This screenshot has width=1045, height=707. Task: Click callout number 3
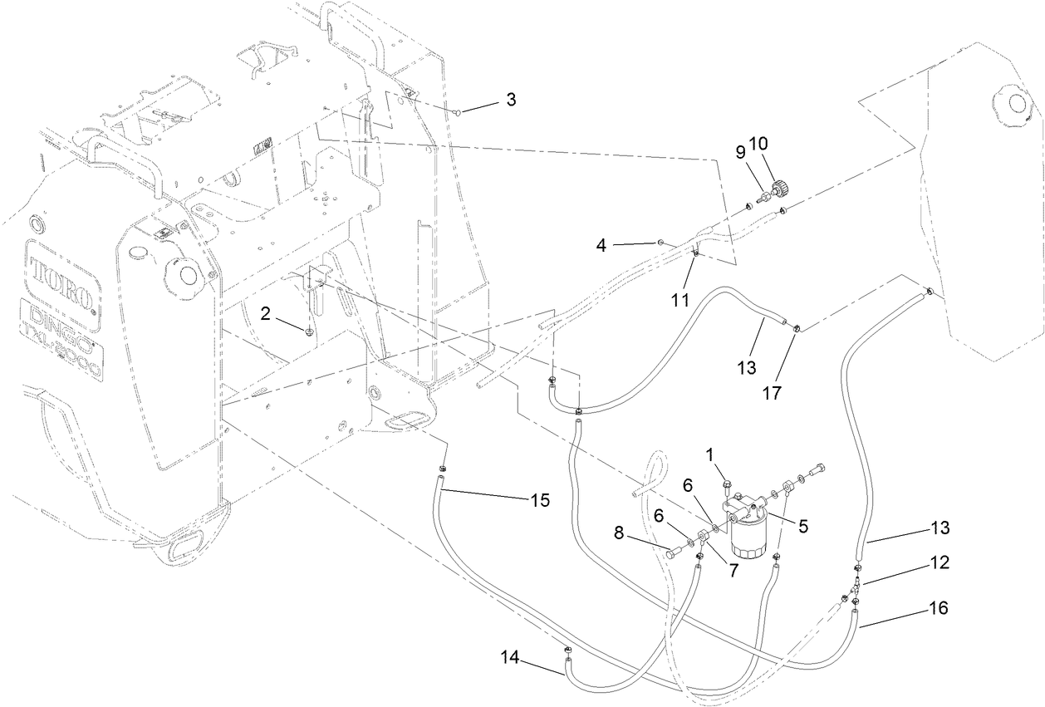(511, 100)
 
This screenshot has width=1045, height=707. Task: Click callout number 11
(680, 300)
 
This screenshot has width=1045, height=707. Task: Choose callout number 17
(773, 392)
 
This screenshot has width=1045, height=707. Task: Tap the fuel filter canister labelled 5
(750, 536)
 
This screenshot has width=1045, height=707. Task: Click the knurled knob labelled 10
(782, 189)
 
